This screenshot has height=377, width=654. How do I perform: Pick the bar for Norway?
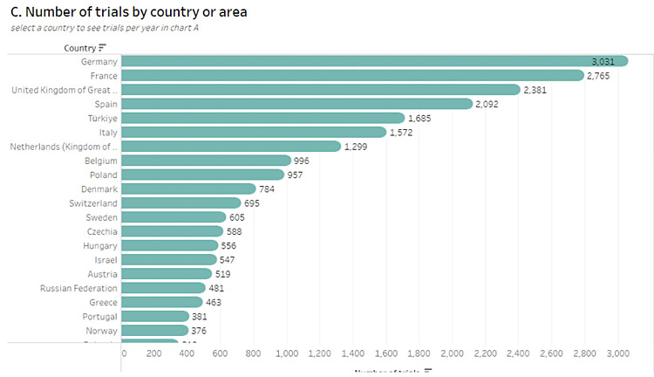(x=155, y=331)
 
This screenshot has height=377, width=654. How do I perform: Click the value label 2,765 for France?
(x=603, y=76)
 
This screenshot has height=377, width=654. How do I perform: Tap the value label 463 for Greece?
(x=215, y=302)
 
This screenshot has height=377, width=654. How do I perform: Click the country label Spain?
(x=106, y=104)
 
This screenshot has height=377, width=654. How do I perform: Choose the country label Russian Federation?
(x=79, y=288)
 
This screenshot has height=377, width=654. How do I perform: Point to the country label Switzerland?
(x=93, y=203)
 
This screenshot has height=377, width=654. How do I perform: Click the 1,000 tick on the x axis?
(x=288, y=353)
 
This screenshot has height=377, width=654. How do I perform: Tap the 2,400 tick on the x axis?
(x=518, y=353)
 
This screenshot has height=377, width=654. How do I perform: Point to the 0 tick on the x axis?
(x=124, y=353)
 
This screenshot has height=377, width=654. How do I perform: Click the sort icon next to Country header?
(x=102, y=47)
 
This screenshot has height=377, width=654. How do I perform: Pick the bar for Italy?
(x=254, y=132)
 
